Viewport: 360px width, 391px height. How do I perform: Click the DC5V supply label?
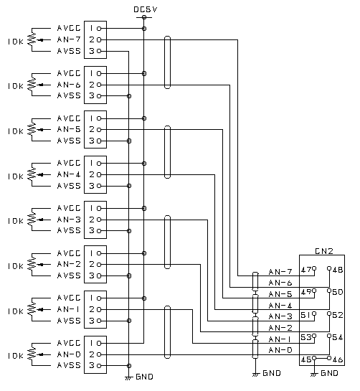click(145, 9)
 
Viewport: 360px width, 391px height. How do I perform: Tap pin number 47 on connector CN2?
click(306, 270)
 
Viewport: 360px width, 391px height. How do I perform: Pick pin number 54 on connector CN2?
click(337, 337)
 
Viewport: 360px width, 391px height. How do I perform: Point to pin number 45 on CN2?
click(306, 359)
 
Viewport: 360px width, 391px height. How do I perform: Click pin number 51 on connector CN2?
click(306, 315)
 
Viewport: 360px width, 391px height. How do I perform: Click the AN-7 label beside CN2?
click(280, 272)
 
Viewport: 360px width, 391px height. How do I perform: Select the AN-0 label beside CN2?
click(280, 350)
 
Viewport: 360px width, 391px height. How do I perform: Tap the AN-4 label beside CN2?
click(280, 306)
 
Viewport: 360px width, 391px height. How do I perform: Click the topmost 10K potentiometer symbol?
click(32, 40)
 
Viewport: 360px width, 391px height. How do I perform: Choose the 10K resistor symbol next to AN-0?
click(32, 354)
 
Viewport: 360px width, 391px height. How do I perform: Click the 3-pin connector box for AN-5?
click(95, 129)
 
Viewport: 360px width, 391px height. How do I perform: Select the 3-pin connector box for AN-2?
click(95, 264)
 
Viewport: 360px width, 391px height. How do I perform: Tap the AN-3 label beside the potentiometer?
click(68, 220)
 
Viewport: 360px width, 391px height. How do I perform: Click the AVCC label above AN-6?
click(68, 73)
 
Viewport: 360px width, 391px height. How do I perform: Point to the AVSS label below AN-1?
click(68, 321)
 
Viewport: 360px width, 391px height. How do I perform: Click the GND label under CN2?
click(330, 374)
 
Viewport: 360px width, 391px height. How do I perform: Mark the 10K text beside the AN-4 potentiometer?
click(14, 176)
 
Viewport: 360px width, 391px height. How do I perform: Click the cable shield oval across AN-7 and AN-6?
click(167, 62)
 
